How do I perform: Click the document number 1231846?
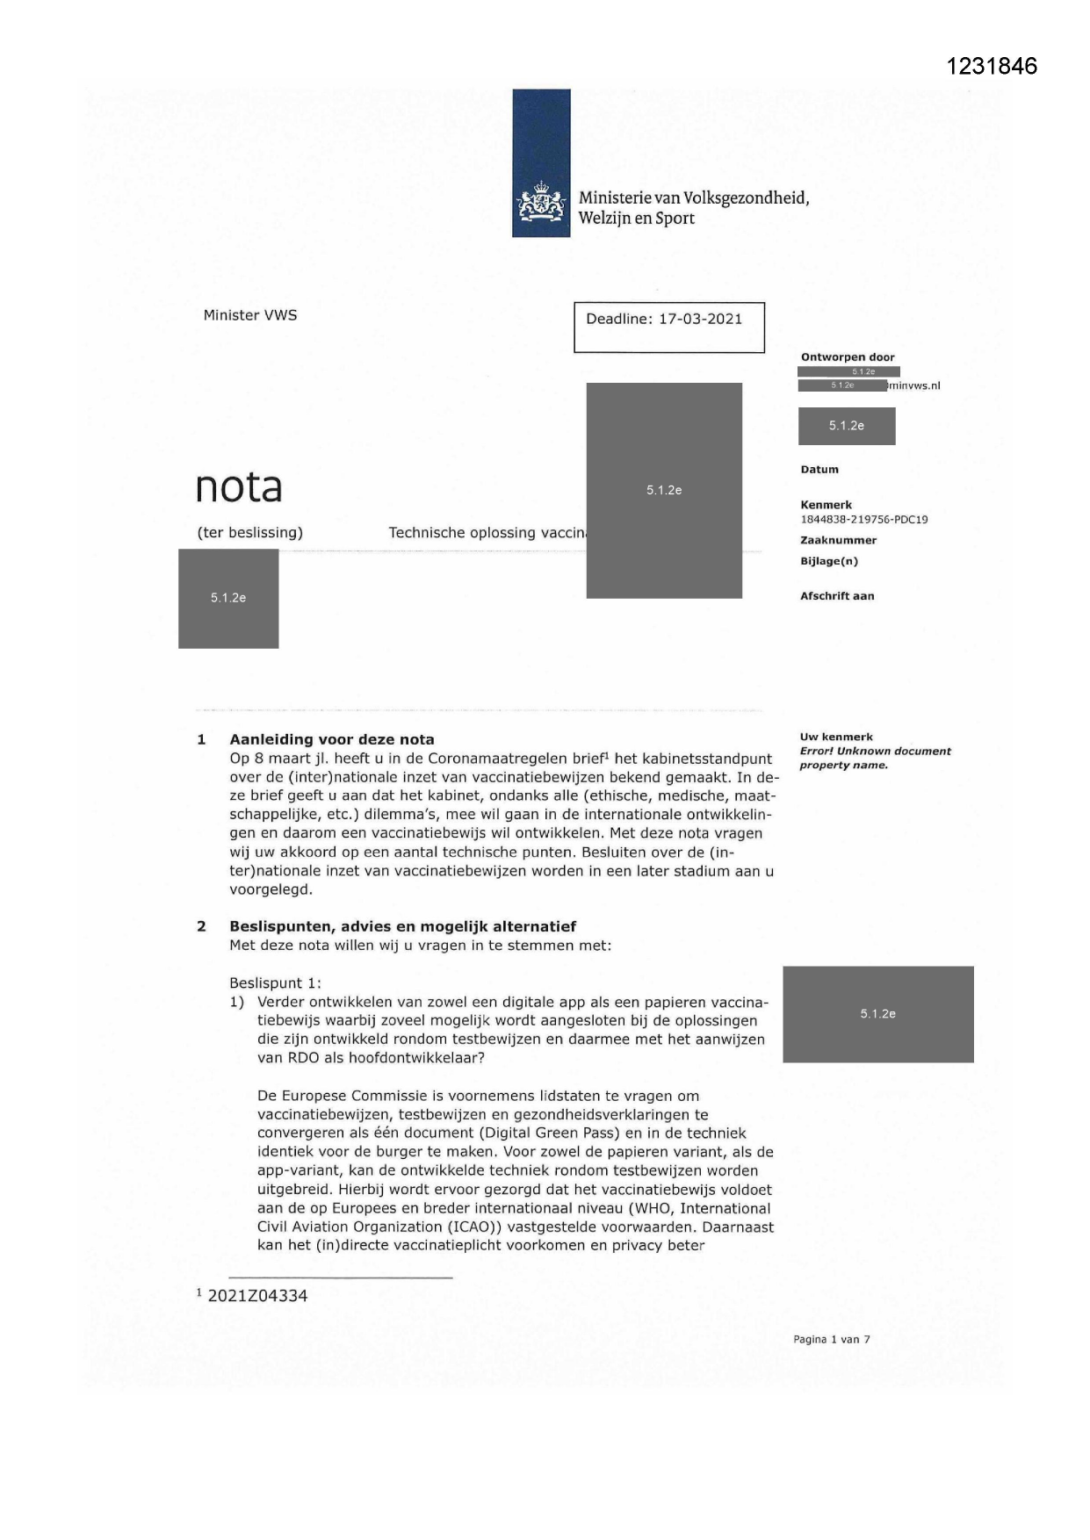point(992,66)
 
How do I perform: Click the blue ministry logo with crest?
point(541,163)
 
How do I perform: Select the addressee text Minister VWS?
point(250,315)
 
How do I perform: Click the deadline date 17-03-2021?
point(700,319)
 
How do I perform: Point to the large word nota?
point(239,486)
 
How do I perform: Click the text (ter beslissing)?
point(250,532)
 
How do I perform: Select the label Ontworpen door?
point(847,357)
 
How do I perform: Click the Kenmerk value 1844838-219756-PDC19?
point(863,519)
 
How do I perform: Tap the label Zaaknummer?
point(838,540)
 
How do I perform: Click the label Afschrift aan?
point(836,596)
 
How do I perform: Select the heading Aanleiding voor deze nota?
point(331,739)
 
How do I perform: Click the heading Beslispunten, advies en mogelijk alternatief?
point(402,926)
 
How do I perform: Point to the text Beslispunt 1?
point(276,983)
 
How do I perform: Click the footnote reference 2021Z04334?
point(257,1296)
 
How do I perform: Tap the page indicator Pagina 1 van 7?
point(831,1340)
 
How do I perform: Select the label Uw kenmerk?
point(836,737)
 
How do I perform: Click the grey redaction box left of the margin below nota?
point(228,599)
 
